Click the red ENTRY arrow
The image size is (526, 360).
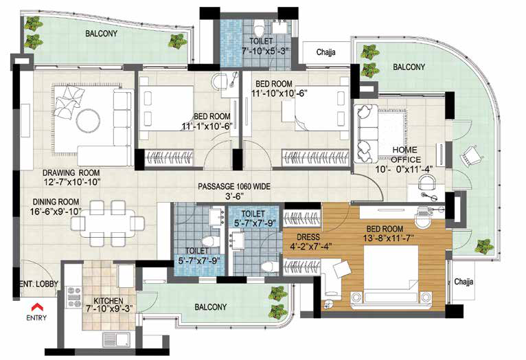(x=36, y=306)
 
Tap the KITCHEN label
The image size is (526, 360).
(x=108, y=301)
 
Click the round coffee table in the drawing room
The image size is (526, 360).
(x=88, y=120)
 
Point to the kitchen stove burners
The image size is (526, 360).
(x=74, y=297)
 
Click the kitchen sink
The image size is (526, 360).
(x=117, y=339)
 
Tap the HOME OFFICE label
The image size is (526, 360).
(x=406, y=155)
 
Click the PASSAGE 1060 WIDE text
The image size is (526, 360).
(x=233, y=187)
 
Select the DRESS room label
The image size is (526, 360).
(x=308, y=237)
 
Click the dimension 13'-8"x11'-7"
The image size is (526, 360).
(x=388, y=238)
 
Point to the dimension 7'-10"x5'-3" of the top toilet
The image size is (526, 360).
(x=265, y=51)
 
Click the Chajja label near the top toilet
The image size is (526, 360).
(x=325, y=52)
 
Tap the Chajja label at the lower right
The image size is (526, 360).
(x=464, y=282)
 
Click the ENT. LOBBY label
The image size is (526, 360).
(x=38, y=284)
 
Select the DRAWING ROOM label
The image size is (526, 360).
(x=71, y=173)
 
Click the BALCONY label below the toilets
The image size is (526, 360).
(x=210, y=307)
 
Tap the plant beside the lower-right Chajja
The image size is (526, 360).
(x=484, y=246)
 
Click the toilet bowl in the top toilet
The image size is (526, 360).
(x=259, y=27)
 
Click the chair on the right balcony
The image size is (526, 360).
(x=472, y=155)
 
